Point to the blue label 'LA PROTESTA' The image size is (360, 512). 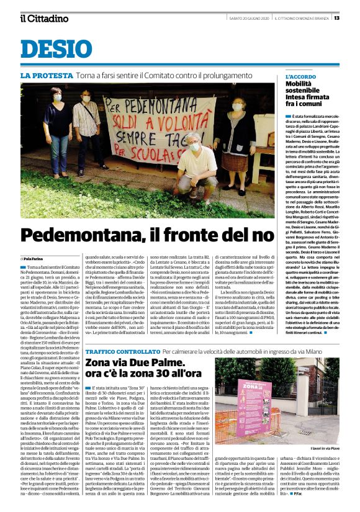[47, 76]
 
